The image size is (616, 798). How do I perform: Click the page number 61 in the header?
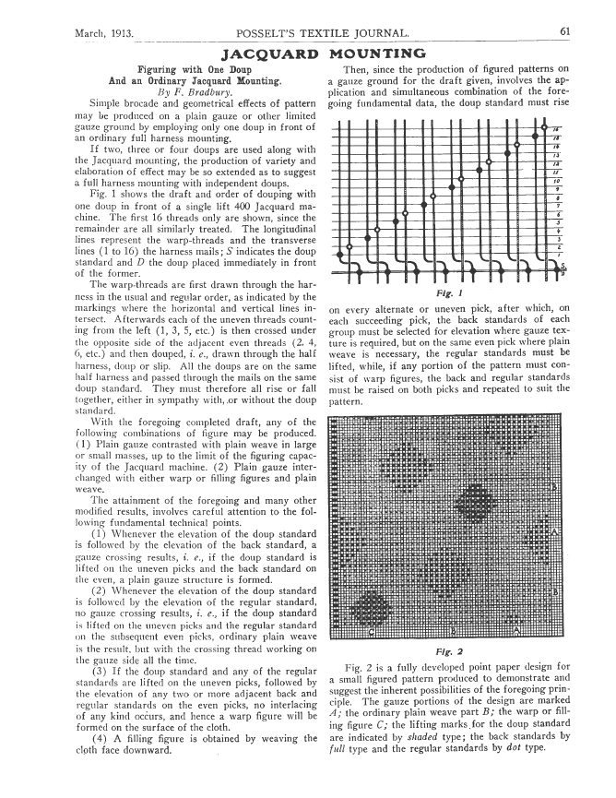(563, 32)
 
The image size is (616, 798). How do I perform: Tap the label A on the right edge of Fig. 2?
(554, 532)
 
